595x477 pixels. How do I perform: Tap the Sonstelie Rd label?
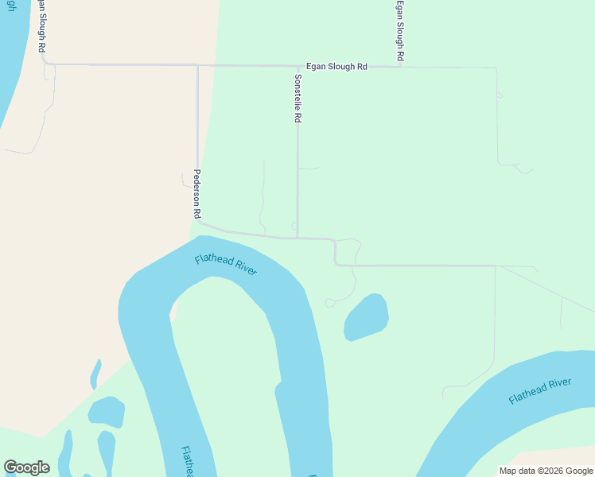coord(298,99)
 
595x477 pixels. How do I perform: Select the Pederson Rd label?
coord(196,194)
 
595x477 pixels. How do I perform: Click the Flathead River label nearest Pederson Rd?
coord(226,265)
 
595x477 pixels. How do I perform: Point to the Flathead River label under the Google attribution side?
coord(540,392)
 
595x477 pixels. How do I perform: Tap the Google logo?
coord(26,467)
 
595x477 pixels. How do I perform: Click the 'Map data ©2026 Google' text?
coord(546,471)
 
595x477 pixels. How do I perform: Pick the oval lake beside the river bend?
coord(366,316)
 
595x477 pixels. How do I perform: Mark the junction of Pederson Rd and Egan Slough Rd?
coord(197,65)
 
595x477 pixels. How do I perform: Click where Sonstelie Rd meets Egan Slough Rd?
coord(297,66)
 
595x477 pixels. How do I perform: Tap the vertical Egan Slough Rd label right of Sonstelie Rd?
coord(401,31)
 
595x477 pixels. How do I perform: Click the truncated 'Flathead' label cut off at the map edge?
coord(187,462)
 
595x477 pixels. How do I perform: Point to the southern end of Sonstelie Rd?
coord(297,237)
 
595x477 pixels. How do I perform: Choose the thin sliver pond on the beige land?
coord(95,374)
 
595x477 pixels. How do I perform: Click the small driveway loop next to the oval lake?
coord(329,302)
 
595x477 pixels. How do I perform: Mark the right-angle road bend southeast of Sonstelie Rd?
coord(336,264)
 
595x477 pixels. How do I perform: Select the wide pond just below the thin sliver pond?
coord(107,411)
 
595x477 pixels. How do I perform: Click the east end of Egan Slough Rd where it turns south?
coord(496,68)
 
